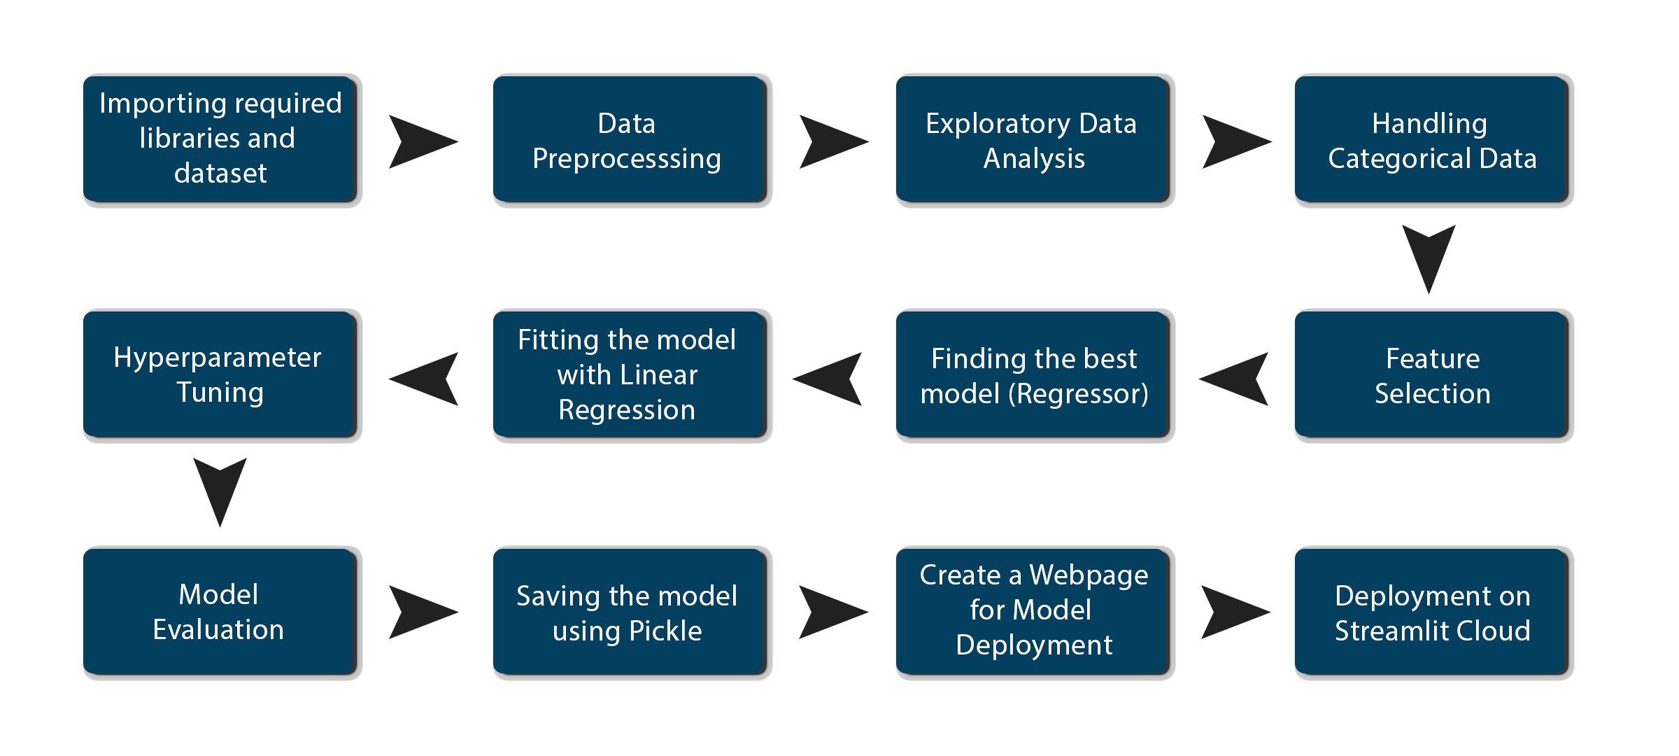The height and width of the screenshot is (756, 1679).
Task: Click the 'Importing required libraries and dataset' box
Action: click(x=220, y=139)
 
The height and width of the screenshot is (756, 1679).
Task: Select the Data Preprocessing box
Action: click(x=630, y=139)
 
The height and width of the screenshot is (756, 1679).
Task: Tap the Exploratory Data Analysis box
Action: click(x=1033, y=139)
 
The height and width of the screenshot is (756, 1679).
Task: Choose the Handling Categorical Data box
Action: click(x=1431, y=139)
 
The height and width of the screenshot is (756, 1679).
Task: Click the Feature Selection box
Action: click(x=1431, y=375)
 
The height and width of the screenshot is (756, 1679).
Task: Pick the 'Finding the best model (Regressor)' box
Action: click(x=1033, y=375)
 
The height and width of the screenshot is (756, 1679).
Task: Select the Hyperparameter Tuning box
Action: click(x=220, y=375)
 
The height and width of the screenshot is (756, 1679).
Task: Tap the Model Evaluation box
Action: click(x=220, y=612)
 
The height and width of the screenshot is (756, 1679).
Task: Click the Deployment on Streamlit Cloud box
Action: click(x=1431, y=612)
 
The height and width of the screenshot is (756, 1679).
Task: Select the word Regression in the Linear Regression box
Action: click(x=627, y=410)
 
